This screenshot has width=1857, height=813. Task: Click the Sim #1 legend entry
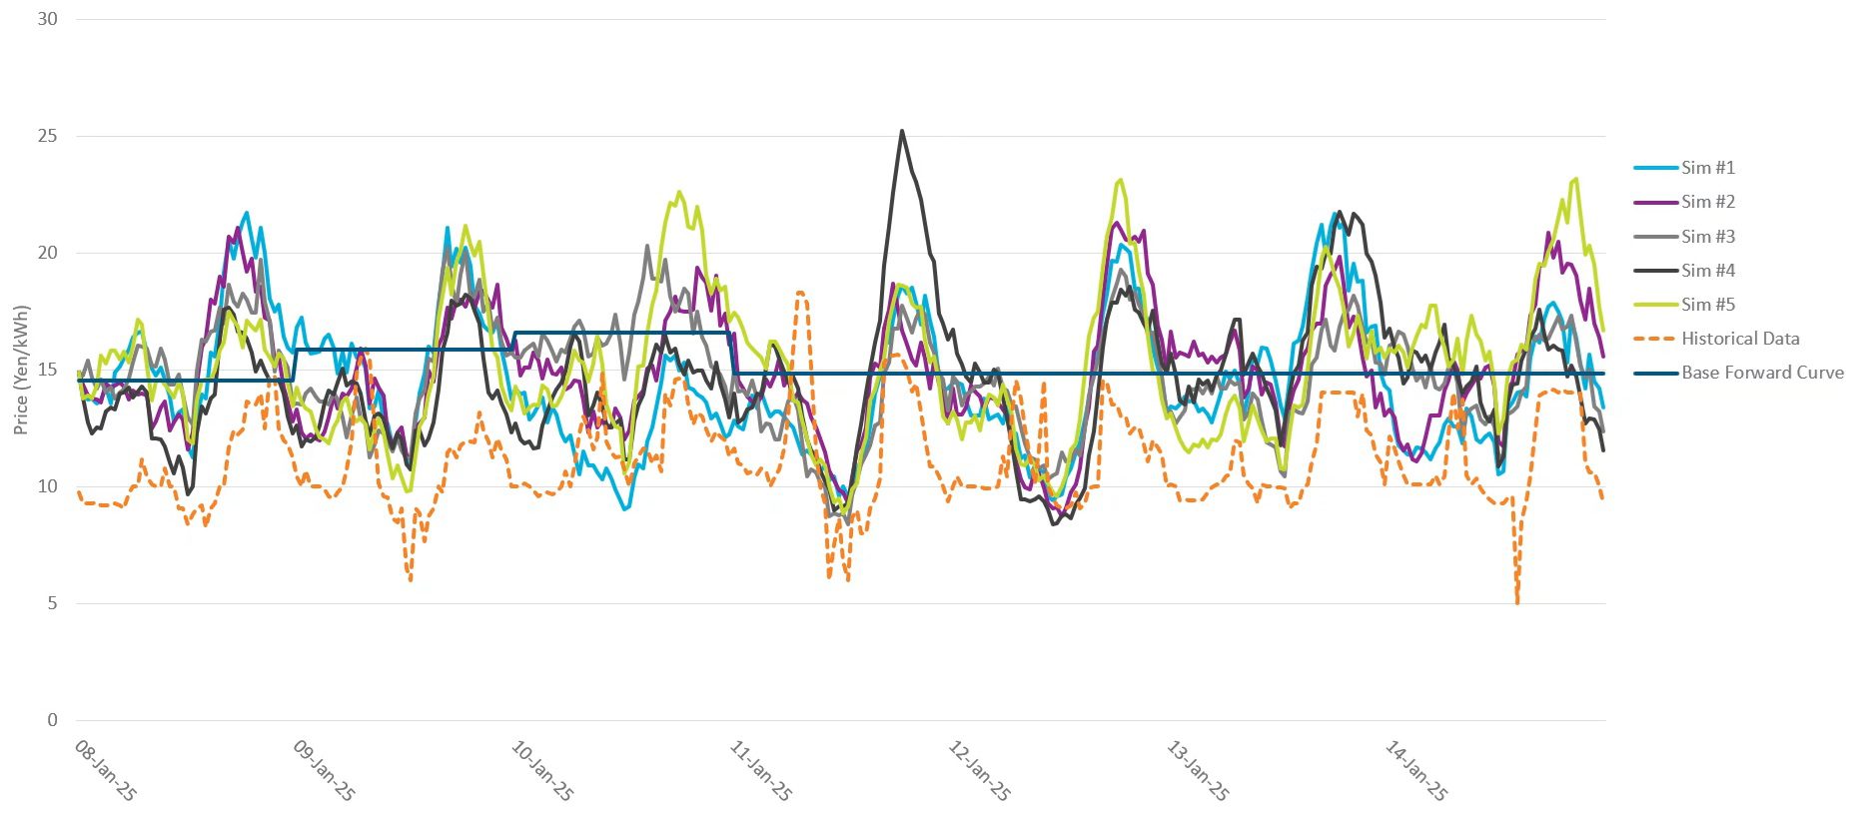[1707, 168]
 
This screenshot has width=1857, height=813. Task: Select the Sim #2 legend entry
[1707, 202]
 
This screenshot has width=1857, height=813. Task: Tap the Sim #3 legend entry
[1707, 237]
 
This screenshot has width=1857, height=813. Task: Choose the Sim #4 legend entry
[1707, 271]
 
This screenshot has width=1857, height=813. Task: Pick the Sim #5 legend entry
[1707, 305]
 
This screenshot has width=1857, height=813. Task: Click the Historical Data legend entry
[1739, 339]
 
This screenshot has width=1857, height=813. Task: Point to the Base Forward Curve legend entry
[1762, 373]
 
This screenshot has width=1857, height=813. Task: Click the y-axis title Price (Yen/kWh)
[22, 370]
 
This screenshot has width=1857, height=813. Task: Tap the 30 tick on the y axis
[47, 19]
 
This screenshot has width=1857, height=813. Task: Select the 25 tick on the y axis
[47, 136]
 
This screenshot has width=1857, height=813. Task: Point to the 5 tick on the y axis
[52, 603]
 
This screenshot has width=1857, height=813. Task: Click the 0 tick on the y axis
[52, 720]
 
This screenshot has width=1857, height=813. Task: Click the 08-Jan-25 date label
[105, 770]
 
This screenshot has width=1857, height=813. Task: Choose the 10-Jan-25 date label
[541, 770]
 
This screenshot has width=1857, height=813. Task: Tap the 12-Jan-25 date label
[978, 770]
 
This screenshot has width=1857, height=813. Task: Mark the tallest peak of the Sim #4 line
[902, 131]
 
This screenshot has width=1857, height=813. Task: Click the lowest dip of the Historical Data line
[1517, 602]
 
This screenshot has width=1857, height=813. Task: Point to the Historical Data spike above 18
[801, 293]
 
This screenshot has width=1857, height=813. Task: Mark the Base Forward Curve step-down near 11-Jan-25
[733, 354]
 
